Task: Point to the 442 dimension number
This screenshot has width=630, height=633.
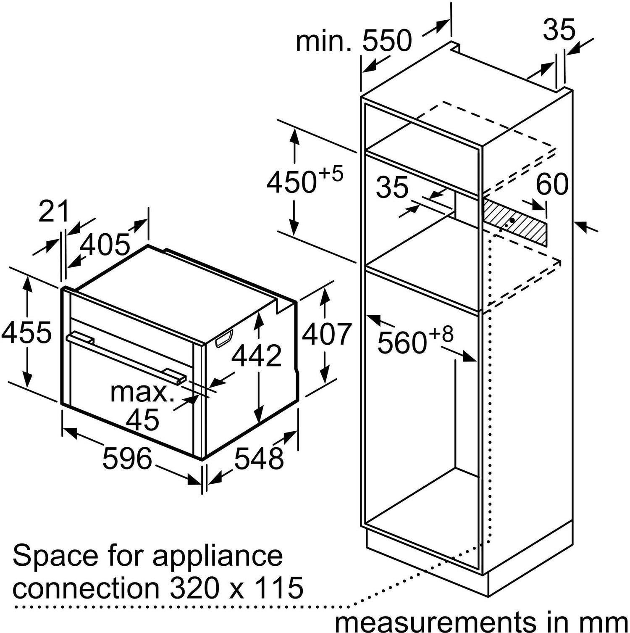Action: pyautogui.click(x=257, y=356)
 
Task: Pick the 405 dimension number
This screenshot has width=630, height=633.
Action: pyautogui.click(x=105, y=245)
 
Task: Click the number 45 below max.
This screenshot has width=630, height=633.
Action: pyautogui.click(x=143, y=419)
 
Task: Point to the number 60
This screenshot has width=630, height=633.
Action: pyautogui.click(x=552, y=184)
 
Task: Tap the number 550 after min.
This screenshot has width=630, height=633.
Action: pyautogui.click(x=387, y=41)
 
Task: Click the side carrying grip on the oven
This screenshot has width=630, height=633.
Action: pyautogui.click(x=224, y=338)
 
